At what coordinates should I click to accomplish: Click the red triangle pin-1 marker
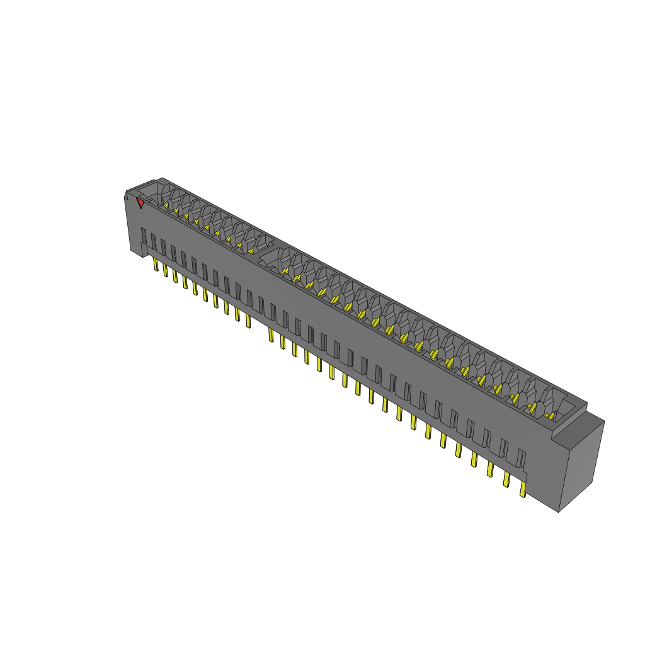(x=140, y=203)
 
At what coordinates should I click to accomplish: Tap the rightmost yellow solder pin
(x=522, y=490)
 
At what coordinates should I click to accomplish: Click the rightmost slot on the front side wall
(x=521, y=459)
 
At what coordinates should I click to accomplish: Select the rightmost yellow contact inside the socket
(x=551, y=416)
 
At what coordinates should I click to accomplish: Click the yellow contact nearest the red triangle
(x=166, y=205)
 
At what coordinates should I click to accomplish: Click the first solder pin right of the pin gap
(x=271, y=334)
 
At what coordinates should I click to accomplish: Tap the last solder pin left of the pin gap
(x=248, y=321)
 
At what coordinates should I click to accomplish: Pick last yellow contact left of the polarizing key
(x=251, y=251)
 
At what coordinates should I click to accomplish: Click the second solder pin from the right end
(x=506, y=479)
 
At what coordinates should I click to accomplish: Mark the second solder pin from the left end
(x=165, y=270)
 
